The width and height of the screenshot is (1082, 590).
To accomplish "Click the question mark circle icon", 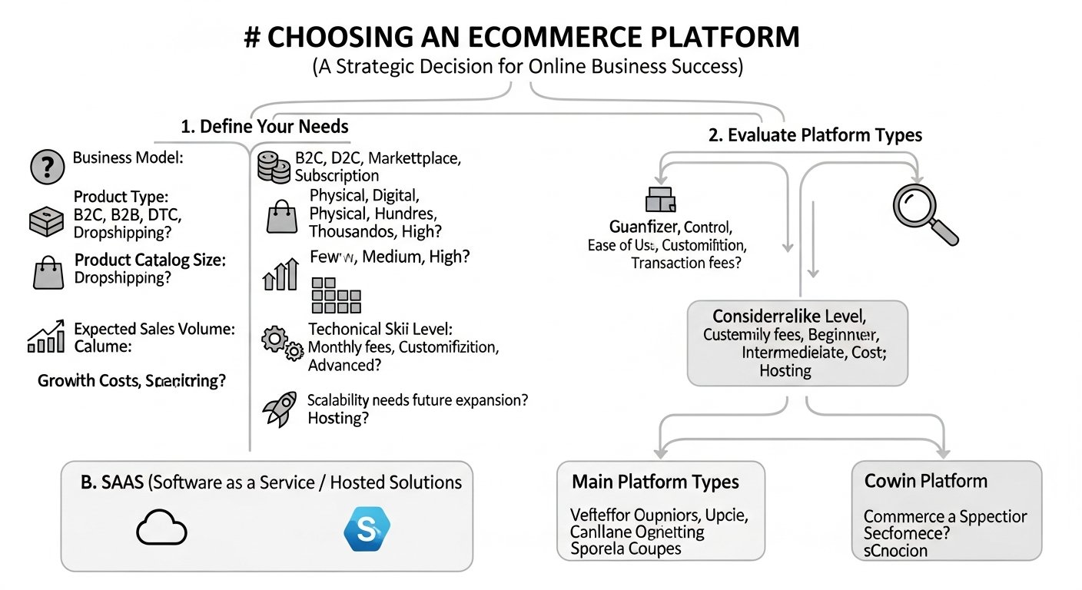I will point(47,167).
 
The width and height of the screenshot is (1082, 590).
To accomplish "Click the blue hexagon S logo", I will point(367,529).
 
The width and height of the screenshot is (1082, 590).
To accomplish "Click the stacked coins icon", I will point(274,167).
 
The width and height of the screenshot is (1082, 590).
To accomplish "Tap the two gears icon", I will point(282,343).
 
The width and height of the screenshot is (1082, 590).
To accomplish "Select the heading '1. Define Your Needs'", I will point(264,126).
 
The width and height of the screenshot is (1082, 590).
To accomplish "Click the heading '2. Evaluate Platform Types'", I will point(815,134).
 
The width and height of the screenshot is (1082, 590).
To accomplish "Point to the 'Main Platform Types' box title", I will point(655,482).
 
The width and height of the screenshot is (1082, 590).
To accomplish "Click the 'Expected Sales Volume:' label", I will point(154,329).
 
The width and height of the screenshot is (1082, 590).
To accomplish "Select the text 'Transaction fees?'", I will point(687,263).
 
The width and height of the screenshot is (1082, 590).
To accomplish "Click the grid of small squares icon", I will point(336,295).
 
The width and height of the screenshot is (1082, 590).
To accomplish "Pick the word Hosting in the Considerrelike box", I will point(785,370).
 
